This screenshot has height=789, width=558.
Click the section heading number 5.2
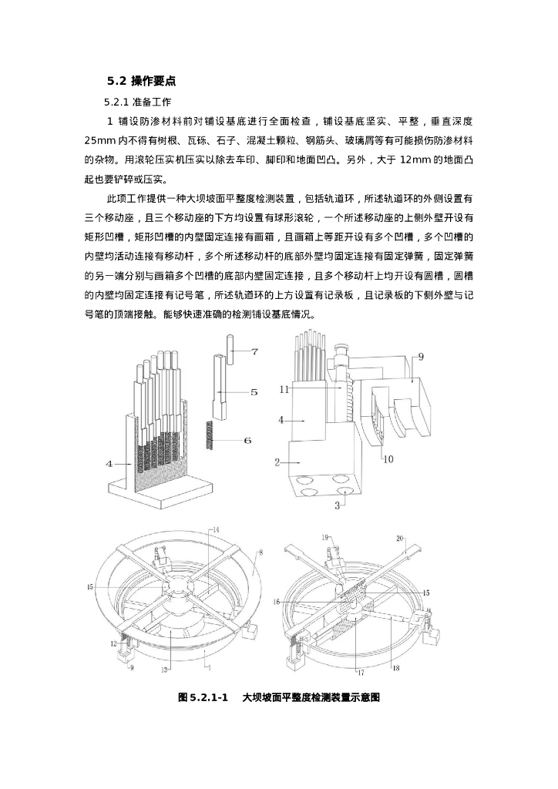coord(116,80)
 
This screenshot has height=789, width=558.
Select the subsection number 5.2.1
coord(117,102)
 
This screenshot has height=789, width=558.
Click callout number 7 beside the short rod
coord(255,351)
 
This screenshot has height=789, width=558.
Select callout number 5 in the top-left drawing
coord(254,391)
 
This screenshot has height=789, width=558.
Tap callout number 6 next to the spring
coord(247,440)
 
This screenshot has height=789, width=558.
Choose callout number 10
coord(388,458)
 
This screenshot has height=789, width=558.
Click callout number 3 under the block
coord(337,505)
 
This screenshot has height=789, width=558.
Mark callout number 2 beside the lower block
coord(277,462)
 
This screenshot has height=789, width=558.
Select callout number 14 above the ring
coord(216,530)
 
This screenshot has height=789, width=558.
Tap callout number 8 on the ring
coord(261,552)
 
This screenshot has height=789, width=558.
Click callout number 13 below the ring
coord(164,671)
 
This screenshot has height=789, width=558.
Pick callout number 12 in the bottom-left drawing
coord(113,643)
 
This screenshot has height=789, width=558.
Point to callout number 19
coord(324,536)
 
